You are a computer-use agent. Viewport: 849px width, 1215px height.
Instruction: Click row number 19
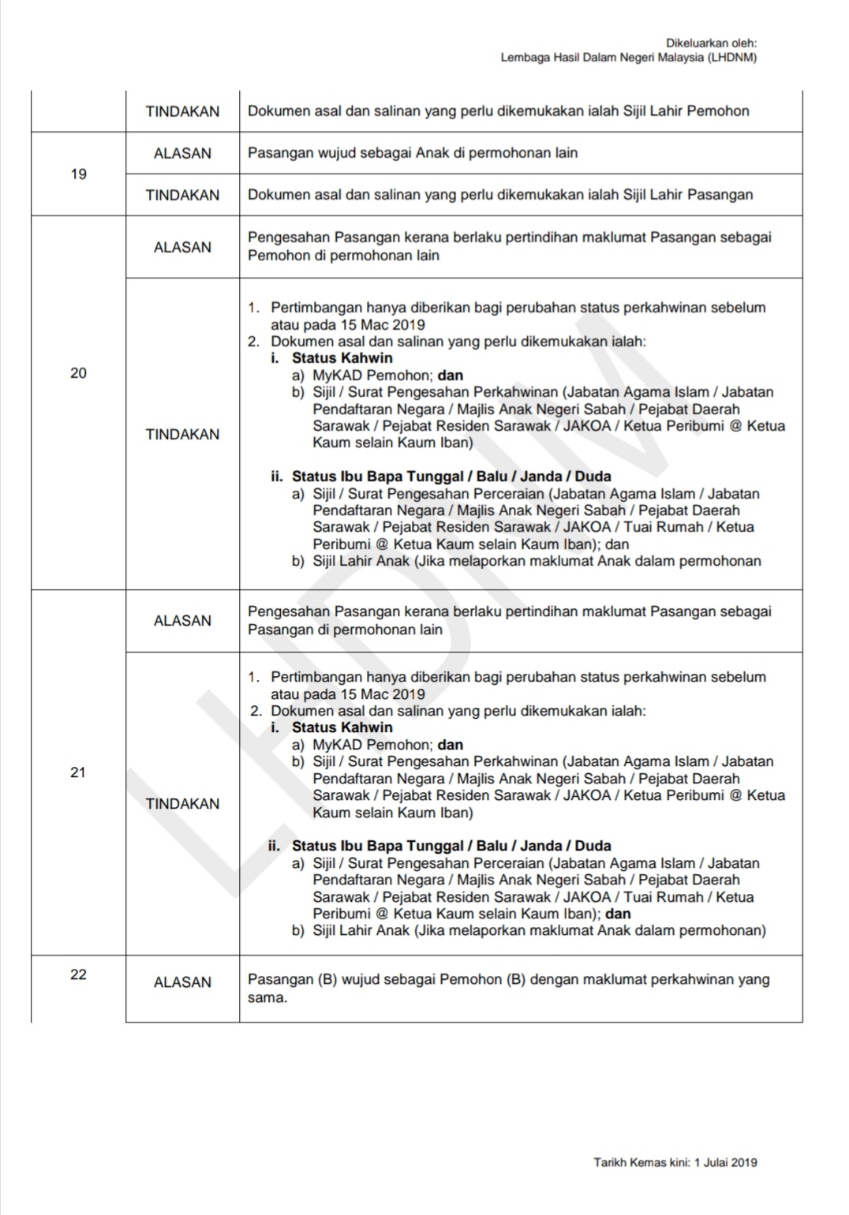pos(78,174)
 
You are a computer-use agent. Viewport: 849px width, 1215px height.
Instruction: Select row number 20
pos(78,373)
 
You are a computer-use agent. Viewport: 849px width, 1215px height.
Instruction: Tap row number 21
pos(78,772)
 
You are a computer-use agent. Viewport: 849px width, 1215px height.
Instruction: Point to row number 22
pos(78,974)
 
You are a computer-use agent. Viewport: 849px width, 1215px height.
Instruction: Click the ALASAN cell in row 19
pos(182,153)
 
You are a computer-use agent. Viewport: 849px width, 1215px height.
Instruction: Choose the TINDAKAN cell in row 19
pos(182,195)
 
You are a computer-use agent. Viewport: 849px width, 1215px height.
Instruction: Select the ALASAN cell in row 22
pos(182,982)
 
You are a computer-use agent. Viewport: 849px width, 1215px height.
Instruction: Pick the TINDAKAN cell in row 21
pos(182,803)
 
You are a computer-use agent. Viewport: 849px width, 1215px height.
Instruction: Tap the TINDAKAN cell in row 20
pos(182,434)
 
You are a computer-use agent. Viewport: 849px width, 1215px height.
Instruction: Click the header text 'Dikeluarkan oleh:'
pos(712,43)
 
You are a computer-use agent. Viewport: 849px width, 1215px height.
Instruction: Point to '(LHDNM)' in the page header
pos(732,58)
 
